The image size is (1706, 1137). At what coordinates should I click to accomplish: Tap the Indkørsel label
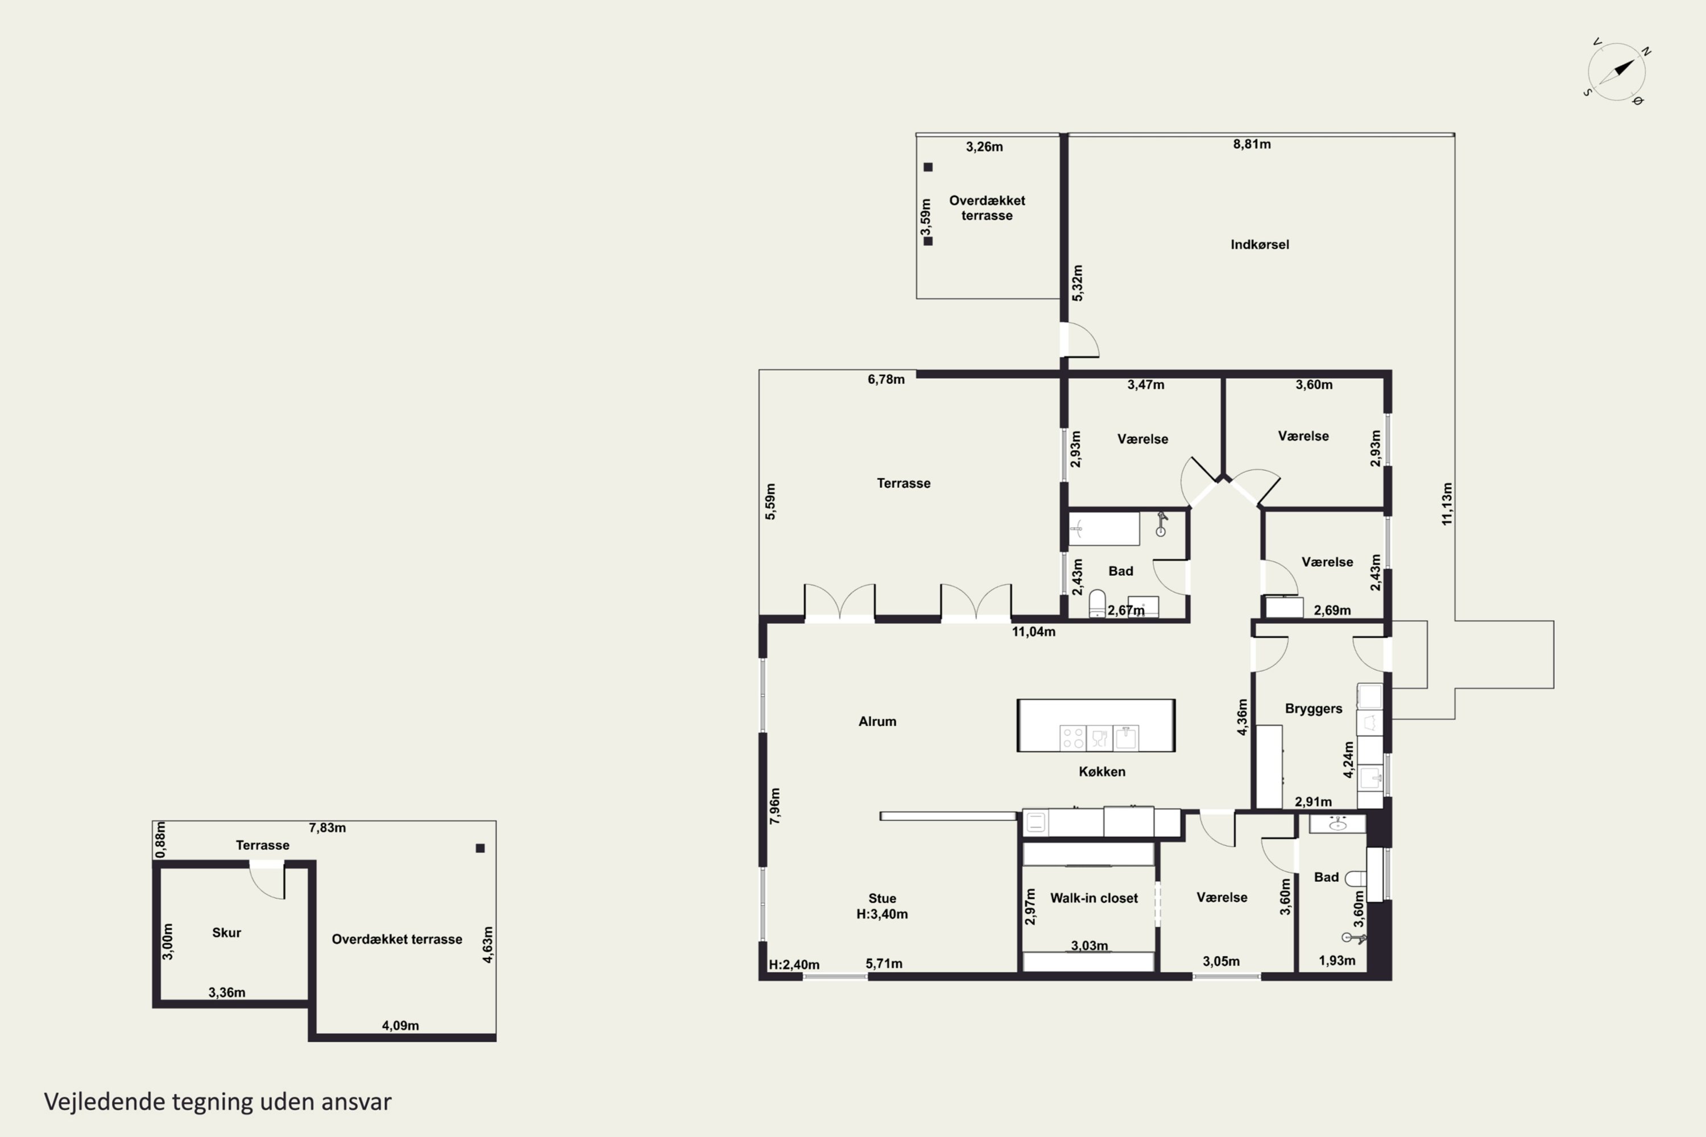click(1260, 245)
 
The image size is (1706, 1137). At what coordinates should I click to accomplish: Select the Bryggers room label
click(1314, 708)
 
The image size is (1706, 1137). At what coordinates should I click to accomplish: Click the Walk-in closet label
click(1094, 898)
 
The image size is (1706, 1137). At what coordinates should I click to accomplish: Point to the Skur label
click(226, 932)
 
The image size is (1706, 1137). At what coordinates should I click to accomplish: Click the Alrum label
click(877, 721)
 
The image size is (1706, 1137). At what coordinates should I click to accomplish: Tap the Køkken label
click(1102, 771)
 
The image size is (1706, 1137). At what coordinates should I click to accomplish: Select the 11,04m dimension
click(1034, 632)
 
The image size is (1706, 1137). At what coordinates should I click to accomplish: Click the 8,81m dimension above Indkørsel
click(1252, 144)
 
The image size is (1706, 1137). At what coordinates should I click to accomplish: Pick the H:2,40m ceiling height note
click(794, 964)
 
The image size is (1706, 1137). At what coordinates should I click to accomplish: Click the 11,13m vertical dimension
click(1447, 504)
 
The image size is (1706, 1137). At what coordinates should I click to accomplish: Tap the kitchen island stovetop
click(1073, 737)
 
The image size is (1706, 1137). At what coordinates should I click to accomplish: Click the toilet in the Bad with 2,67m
click(1098, 603)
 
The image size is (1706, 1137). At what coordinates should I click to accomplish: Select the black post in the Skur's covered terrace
click(480, 848)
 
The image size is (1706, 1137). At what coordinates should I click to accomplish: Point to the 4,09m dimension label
click(400, 1026)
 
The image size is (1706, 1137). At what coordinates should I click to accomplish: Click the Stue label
click(882, 898)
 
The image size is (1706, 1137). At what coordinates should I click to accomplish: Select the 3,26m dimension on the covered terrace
click(984, 147)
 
